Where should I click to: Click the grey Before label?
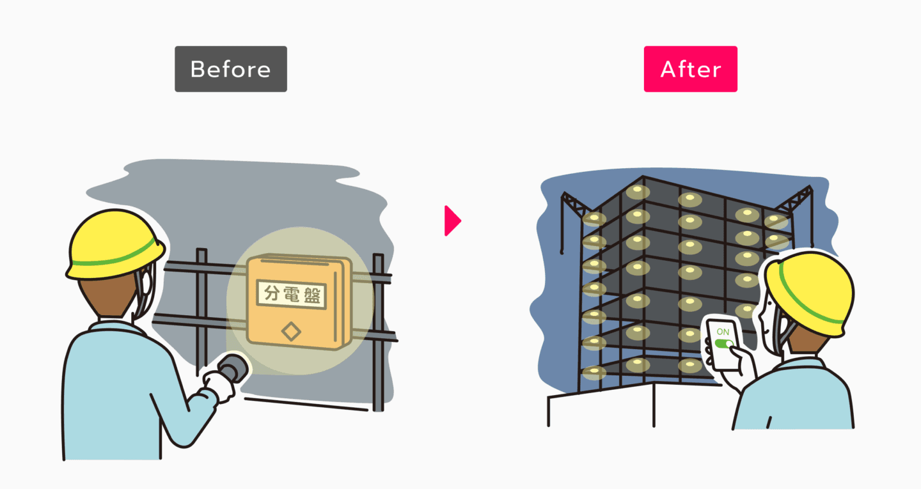230,69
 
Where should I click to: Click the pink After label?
690,69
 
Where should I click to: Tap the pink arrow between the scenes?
452,221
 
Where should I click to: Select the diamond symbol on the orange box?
292,331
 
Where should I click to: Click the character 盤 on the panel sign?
313,294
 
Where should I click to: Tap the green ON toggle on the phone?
724,344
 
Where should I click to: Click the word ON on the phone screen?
723,332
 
